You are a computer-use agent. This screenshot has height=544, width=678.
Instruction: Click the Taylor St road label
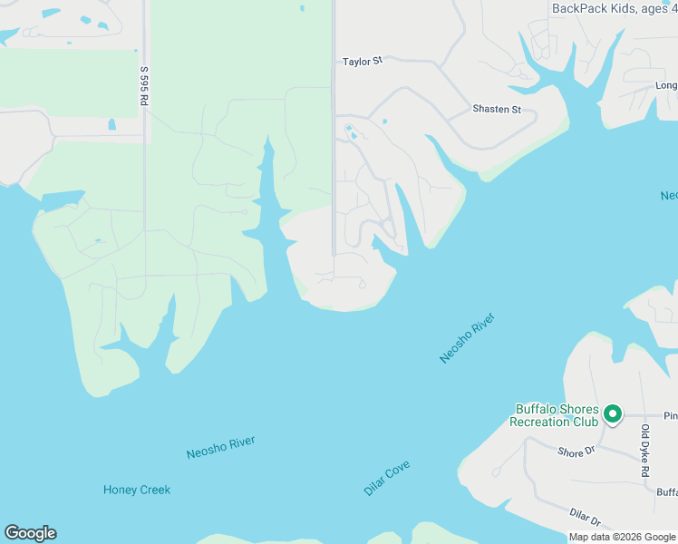(x=363, y=62)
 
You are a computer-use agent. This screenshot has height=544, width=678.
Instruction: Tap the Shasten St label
(x=497, y=110)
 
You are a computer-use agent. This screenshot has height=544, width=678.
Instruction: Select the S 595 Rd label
(x=144, y=87)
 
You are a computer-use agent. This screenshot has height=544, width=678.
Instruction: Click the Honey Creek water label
(x=137, y=490)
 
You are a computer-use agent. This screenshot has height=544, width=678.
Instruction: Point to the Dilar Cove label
(x=387, y=478)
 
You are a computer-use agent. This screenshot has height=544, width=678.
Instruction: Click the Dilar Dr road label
(x=586, y=518)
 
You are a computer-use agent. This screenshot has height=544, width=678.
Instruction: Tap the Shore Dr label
(x=576, y=452)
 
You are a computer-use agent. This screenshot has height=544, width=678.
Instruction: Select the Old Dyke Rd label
(x=645, y=451)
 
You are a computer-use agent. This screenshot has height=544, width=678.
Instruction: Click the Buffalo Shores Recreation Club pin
(x=612, y=414)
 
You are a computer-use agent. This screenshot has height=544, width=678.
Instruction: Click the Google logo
(x=30, y=533)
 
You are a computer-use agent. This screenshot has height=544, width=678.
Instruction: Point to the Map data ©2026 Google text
(x=623, y=537)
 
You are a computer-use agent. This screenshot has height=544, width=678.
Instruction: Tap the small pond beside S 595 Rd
(x=112, y=124)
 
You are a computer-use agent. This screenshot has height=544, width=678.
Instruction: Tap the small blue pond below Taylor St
(x=384, y=121)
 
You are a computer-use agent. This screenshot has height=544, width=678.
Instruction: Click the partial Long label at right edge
(x=666, y=86)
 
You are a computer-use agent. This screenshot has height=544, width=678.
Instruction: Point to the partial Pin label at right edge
(x=671, y=416)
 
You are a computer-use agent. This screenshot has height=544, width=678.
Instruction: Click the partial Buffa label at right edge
(x=667, y=492)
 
